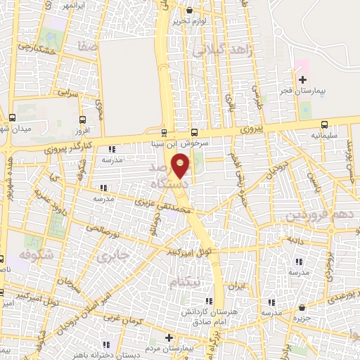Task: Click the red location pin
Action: point(181,165)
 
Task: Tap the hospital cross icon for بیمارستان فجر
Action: point(303,80)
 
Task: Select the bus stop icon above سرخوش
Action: point(195,132)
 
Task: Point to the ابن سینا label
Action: point(162,143)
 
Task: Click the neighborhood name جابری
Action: point(110,257)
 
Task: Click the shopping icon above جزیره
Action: point(302,307)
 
